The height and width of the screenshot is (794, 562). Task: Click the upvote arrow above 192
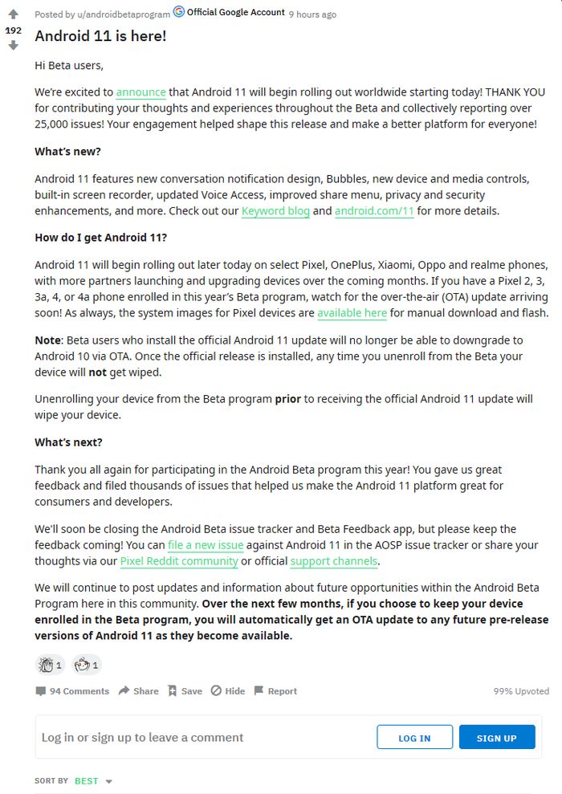[x=13, y=14]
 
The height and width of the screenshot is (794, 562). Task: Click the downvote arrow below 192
[x=13, y=46]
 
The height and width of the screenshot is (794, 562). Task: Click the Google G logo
[x=179, y=12]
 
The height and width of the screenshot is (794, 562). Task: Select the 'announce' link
[x=140, y=92]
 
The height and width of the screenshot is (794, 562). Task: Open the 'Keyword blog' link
[x=275, y=211]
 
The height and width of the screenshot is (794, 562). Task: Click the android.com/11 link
[x=374, y=211]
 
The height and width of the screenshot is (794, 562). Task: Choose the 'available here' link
[x=352, y=313]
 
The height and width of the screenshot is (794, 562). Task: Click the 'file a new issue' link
[x=206, y=545]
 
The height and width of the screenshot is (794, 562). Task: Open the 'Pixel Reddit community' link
[x=179, y=561]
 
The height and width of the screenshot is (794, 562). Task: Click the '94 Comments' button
[x=72, y=691]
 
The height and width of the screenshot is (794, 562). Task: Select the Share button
[x=138, y=691]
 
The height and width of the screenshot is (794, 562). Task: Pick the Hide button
[x=228, y=691]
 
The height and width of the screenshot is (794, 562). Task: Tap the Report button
[x=275, y=691]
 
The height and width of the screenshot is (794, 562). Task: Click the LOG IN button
[x=414, y=738]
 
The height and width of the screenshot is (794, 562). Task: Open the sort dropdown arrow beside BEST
[x=109, y=781]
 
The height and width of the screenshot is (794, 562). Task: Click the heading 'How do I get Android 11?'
[x=100, y=238]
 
